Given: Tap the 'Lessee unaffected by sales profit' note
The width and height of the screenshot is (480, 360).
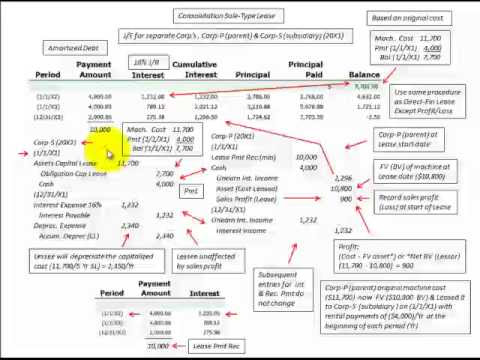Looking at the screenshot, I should pyautogui.click(x=204, y=262).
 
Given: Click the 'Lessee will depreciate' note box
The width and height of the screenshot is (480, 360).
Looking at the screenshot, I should pyautogui.click(x=93, y=262).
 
